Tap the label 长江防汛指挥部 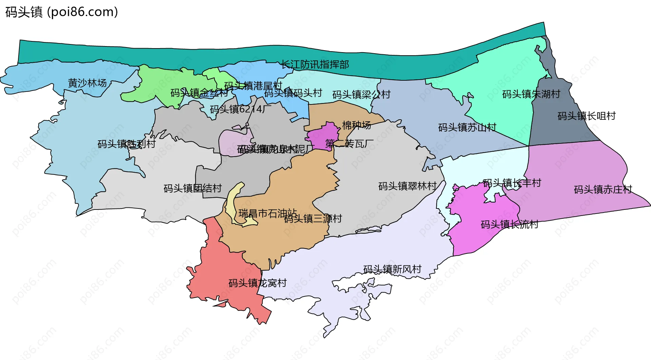[315, 64]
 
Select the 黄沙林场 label [87, 83]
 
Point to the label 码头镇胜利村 [126, 144]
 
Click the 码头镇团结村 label [193, 188]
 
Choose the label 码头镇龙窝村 [257, 283]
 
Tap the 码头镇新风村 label [392, 269]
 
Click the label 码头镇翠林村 [407, 186]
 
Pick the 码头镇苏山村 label [467, 127]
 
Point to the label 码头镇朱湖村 [531, 94]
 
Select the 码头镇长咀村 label [587, 116]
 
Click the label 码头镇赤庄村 [603, 189]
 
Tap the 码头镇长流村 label [509, 224]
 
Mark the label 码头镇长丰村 [512, 183]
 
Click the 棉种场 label [356, 125]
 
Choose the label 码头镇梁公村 [361, 95]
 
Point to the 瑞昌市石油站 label [268, 214]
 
